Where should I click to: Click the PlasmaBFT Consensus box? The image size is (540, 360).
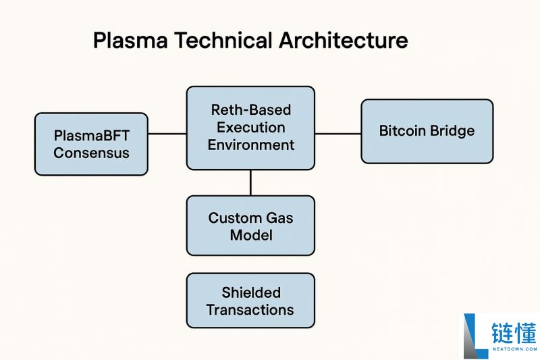91,144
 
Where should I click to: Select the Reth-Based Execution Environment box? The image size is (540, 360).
250,128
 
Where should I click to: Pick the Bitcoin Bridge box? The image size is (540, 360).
427,131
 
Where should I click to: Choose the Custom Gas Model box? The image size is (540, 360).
250,226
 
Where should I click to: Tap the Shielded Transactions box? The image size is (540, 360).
250,301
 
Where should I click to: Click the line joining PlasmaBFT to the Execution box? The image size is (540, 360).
167,134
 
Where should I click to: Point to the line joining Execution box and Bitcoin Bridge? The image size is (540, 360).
337,134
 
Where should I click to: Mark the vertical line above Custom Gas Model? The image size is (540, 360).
250,182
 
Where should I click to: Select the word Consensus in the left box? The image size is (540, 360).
91,153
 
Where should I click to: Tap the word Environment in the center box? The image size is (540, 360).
250,145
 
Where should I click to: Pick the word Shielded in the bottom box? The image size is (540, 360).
250,292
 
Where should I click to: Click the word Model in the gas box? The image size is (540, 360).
250,235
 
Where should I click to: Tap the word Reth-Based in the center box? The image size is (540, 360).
250,110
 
